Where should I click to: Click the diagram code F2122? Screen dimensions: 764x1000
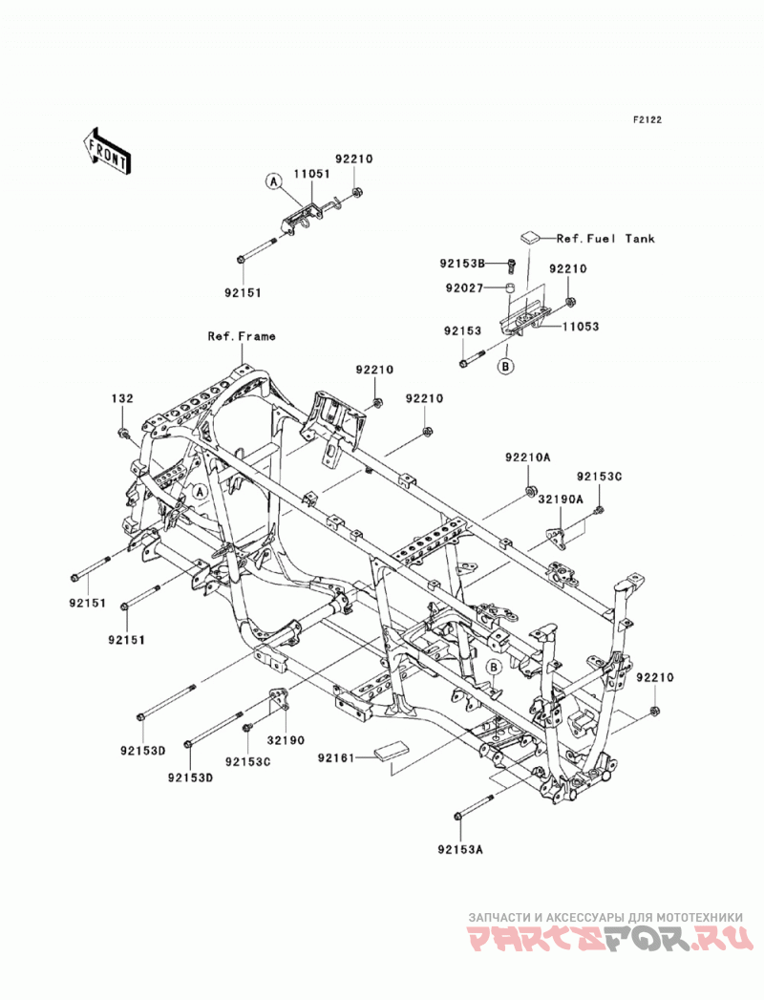coord(647,119)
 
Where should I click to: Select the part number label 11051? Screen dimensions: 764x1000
coord(312,174)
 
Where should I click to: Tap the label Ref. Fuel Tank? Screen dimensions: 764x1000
coord(605,239)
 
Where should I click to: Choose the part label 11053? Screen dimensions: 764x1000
coord(581,327)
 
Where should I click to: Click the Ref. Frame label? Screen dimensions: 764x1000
coord(242,336)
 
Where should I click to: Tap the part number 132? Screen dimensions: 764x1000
coord(122,398)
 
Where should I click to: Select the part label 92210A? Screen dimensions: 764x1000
coord(528,457)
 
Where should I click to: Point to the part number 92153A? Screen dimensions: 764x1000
coord(460,849)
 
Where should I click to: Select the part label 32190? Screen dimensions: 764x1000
coord(285,740)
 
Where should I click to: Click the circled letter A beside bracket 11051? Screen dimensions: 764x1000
coord(273,182)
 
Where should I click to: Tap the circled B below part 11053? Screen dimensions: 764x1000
coord(506,367)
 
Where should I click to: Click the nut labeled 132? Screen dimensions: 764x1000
coord(122,435)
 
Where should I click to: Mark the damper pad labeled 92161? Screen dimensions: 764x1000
coord(390,751)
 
